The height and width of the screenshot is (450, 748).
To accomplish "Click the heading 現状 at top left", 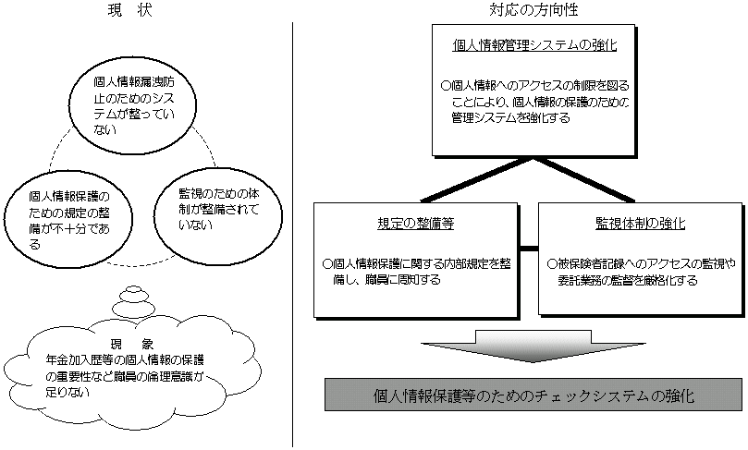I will click(129, 11).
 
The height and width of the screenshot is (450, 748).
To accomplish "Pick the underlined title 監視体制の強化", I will click(639, 224).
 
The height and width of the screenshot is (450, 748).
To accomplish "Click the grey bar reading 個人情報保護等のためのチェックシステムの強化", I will click(533, 395).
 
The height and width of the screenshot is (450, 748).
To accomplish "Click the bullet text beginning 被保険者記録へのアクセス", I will click(639, 270).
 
